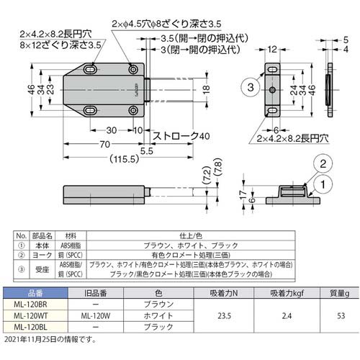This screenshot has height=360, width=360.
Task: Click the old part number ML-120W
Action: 95,315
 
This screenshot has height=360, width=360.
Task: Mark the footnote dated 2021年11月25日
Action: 49,338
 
